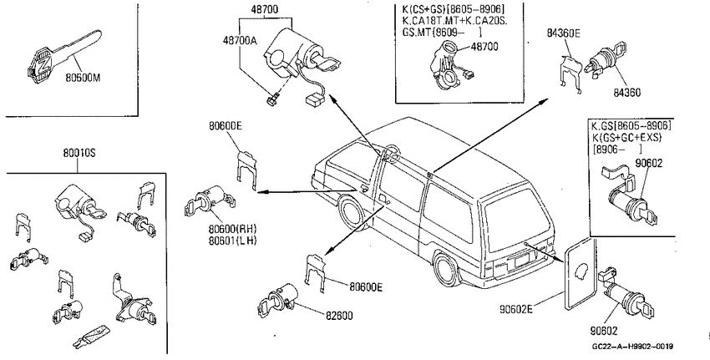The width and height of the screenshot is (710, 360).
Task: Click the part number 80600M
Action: [83, 78]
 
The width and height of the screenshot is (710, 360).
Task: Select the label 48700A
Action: [240, 40]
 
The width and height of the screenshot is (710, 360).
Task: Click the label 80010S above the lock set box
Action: [79, 153]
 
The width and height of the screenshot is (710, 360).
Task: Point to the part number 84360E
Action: [564, 33]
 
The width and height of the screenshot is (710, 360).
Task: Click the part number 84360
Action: [627, 93]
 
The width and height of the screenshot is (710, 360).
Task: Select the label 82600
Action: [338, 316]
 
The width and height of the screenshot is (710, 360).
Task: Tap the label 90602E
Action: [516, 309]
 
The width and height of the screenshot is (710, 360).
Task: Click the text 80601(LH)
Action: [232, 241]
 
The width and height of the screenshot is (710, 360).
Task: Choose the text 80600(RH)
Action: [232, 229]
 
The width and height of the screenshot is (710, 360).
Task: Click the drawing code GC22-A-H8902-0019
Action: [632, 347]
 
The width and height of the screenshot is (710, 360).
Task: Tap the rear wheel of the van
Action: [448, 271]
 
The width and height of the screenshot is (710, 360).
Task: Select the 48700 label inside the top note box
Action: [484, 46]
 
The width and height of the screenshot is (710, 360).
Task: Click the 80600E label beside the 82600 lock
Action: [366, 287]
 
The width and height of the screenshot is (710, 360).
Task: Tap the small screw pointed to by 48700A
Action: [273, 98]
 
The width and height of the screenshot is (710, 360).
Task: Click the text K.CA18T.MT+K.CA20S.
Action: [454, 20]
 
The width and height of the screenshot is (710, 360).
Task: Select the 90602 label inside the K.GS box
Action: [648, 163]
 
